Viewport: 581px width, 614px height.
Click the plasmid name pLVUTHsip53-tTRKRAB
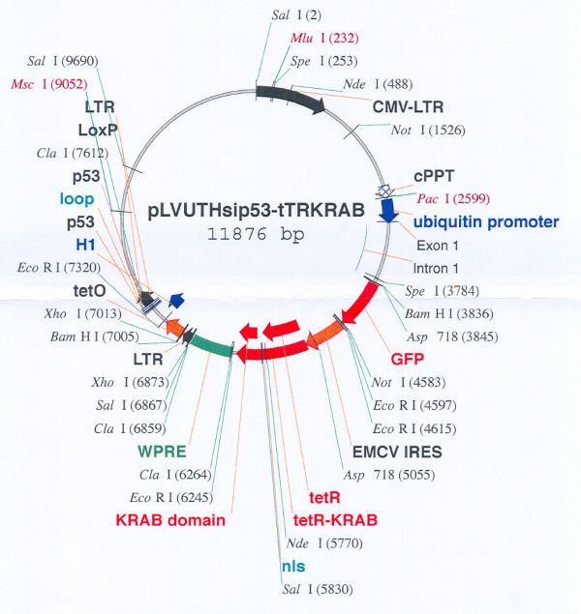click(256, 211)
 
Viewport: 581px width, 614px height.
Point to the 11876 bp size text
click(256, 234)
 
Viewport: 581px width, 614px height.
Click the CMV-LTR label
click(408, 107)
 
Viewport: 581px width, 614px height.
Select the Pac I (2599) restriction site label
click(453, 198)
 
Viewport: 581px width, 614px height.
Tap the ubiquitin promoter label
click(486, 222)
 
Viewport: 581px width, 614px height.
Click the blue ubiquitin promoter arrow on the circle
click(388, 210)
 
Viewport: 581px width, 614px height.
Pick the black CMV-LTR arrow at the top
click(290, 98)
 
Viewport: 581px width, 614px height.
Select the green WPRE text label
click(162, 452)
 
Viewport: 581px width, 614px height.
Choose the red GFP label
click(408, 359)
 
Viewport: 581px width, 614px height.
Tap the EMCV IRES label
click(397, 452)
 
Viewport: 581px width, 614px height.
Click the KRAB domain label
click(170, 520)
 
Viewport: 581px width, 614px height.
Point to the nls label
click(293, 567)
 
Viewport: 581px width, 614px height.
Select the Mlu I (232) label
click(324, 38)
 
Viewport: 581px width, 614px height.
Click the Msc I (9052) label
click(49, 84)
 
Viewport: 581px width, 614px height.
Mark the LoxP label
click(98, 130)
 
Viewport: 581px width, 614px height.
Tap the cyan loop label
click(76, 199)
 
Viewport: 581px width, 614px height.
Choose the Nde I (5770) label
click(324, 543)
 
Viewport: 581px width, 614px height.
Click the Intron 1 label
click(436, 269)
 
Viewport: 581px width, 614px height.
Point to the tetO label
click(89, 291)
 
